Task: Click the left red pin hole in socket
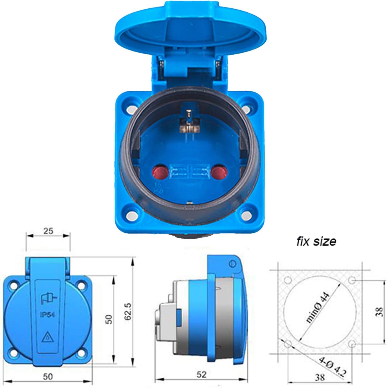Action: (160, 172)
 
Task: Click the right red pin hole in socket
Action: (219, 172)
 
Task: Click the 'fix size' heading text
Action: (316, 241)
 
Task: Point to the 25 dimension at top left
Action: (48, 231)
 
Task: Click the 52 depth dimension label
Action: (201, 374)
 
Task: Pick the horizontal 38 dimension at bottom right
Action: (320, 377)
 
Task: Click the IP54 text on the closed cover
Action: (47, 314)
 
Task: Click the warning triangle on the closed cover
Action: (47, 337)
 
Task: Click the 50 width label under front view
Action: (48, 377)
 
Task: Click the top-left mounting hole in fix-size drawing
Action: (288, 281)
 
